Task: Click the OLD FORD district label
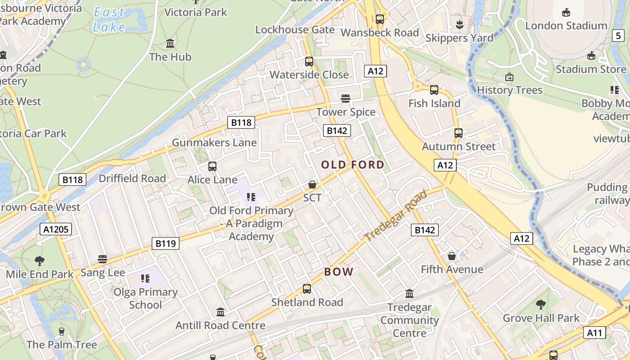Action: (353, 165)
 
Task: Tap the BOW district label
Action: (339, 272)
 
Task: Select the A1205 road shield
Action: (56, 229)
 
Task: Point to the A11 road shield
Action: (594, 333)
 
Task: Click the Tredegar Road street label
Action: (396, 216)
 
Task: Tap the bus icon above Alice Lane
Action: (212, 166)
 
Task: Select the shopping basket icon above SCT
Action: (312, 184)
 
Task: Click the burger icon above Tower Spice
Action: (346, 99)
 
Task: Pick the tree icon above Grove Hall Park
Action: (541, 305)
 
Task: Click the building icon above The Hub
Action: (170, 44)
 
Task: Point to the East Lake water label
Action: (109, 20)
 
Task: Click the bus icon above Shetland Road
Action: (307, 289)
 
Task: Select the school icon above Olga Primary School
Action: (145, 279)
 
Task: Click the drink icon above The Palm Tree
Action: (62, 332)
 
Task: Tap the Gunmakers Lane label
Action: (214, 143)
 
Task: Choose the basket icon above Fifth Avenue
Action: (452, 256)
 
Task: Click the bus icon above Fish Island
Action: (434, 90)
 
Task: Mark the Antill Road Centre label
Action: (220, 325)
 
